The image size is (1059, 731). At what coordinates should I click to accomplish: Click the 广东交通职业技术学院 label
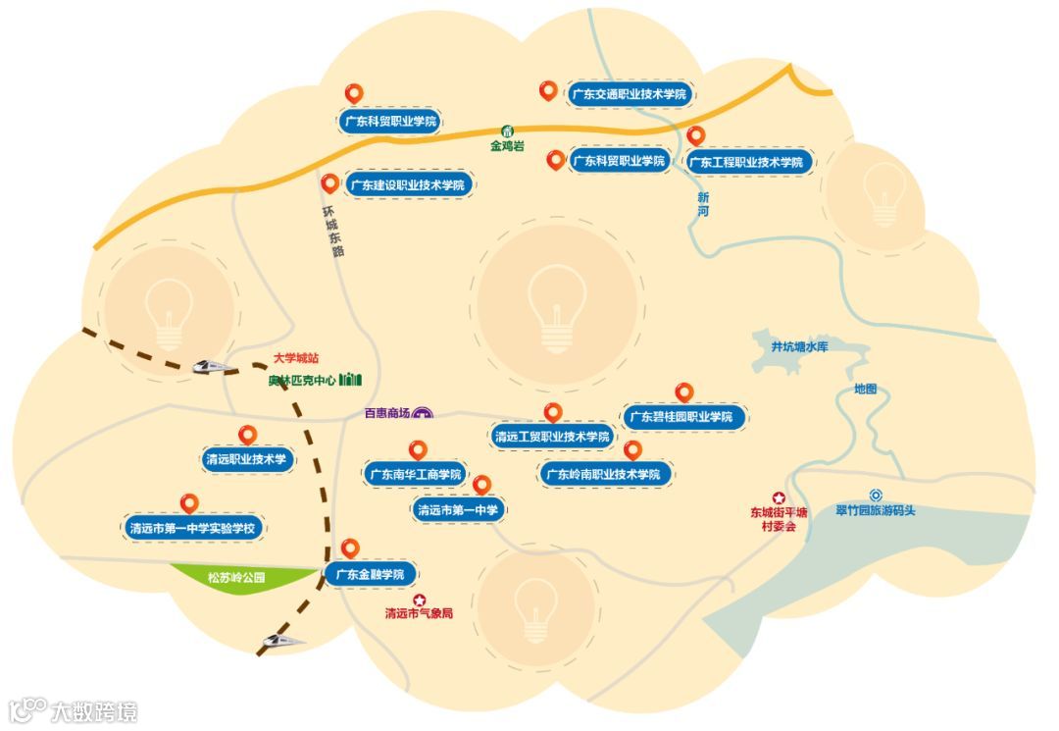pos(628,95)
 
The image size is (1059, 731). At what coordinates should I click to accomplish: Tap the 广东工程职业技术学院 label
pos(745,162)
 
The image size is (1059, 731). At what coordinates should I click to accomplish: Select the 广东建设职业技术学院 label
pos(406,184)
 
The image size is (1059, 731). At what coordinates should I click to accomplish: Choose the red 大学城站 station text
pos(295,359)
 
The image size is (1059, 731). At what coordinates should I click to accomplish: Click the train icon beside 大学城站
pos(214,366)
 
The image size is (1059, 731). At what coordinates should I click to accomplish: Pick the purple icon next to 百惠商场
pos(423,413)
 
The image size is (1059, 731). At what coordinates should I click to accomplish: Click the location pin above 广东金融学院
pos(350,548)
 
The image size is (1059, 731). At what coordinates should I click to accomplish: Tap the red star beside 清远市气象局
pos(420,600)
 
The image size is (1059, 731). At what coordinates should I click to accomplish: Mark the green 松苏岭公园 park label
pos(236,578)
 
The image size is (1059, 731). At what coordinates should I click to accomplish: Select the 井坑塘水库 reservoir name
pos(799,346)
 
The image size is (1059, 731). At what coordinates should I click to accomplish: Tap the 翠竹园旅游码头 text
pos(875,510)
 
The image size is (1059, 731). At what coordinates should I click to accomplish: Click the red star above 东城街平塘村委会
pos(779,497)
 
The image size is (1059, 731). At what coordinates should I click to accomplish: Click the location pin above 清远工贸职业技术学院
pos(552,412)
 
